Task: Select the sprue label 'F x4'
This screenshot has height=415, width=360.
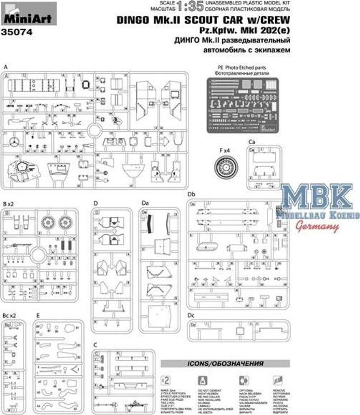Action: pyautogui.click(x=225, y=150)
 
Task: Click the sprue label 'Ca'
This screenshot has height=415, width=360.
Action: pyautogui.click(x=252, y=142)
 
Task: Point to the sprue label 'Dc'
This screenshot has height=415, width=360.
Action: pyautogui.click(x=192, y=314)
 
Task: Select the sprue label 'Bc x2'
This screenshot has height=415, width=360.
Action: pyautogui.click(x=10, y=314)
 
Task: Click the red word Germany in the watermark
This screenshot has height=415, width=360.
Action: pyautogui.click(x=317, y=227)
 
